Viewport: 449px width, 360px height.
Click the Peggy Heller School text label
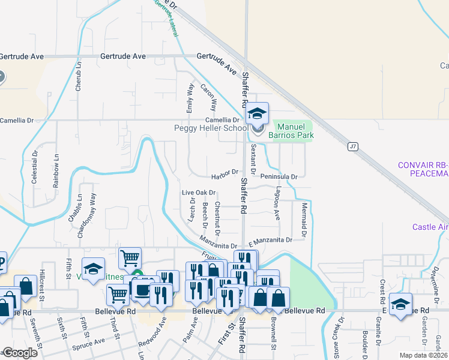[211, 128]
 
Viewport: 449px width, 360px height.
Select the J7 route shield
[353, 146]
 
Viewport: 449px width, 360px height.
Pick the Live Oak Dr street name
[199, 193]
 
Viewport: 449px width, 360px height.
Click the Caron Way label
[208, 97]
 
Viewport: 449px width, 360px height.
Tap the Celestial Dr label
[35, 167]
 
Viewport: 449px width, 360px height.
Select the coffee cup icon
[142, 290]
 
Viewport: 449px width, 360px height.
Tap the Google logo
[20, 353]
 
